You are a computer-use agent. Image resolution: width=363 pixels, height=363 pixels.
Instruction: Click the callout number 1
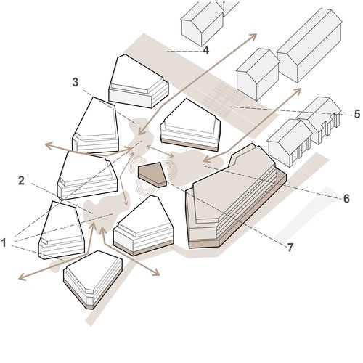coord(5,242)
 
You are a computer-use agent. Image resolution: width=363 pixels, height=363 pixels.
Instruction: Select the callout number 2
coord(22,179)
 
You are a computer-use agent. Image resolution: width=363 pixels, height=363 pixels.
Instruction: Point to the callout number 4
coord(206,51)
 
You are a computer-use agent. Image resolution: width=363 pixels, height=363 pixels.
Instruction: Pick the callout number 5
coord(356,114)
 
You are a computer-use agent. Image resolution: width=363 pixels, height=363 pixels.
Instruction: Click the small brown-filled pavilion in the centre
coord(152,174)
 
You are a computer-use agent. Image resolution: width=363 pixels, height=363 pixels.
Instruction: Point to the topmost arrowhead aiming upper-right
coord(253,36)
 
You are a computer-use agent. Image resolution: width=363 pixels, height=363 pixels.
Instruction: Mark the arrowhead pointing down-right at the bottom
coord(158,273)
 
